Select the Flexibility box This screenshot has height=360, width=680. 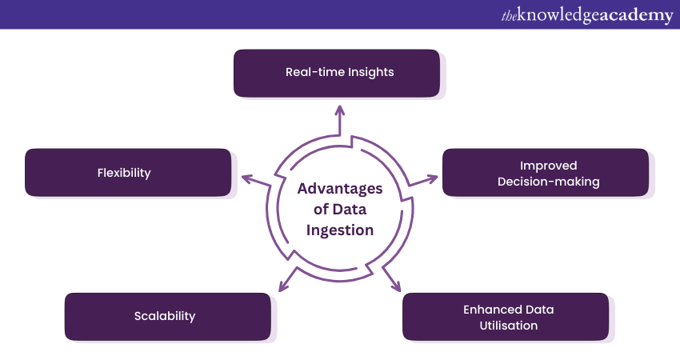click(x=128, y=172)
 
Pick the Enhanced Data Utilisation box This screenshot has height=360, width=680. click(x=505, y=317)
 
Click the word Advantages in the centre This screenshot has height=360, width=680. click(x=340, y=189)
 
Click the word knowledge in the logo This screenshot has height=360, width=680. click(x=560, y=15)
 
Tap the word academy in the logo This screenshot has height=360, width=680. click(x=635, y=15)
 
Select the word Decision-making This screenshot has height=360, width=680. click(x=549, y=182)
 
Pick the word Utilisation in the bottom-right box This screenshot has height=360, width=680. click(x=506, y=326)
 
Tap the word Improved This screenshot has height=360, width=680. click(x=549, y=166)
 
